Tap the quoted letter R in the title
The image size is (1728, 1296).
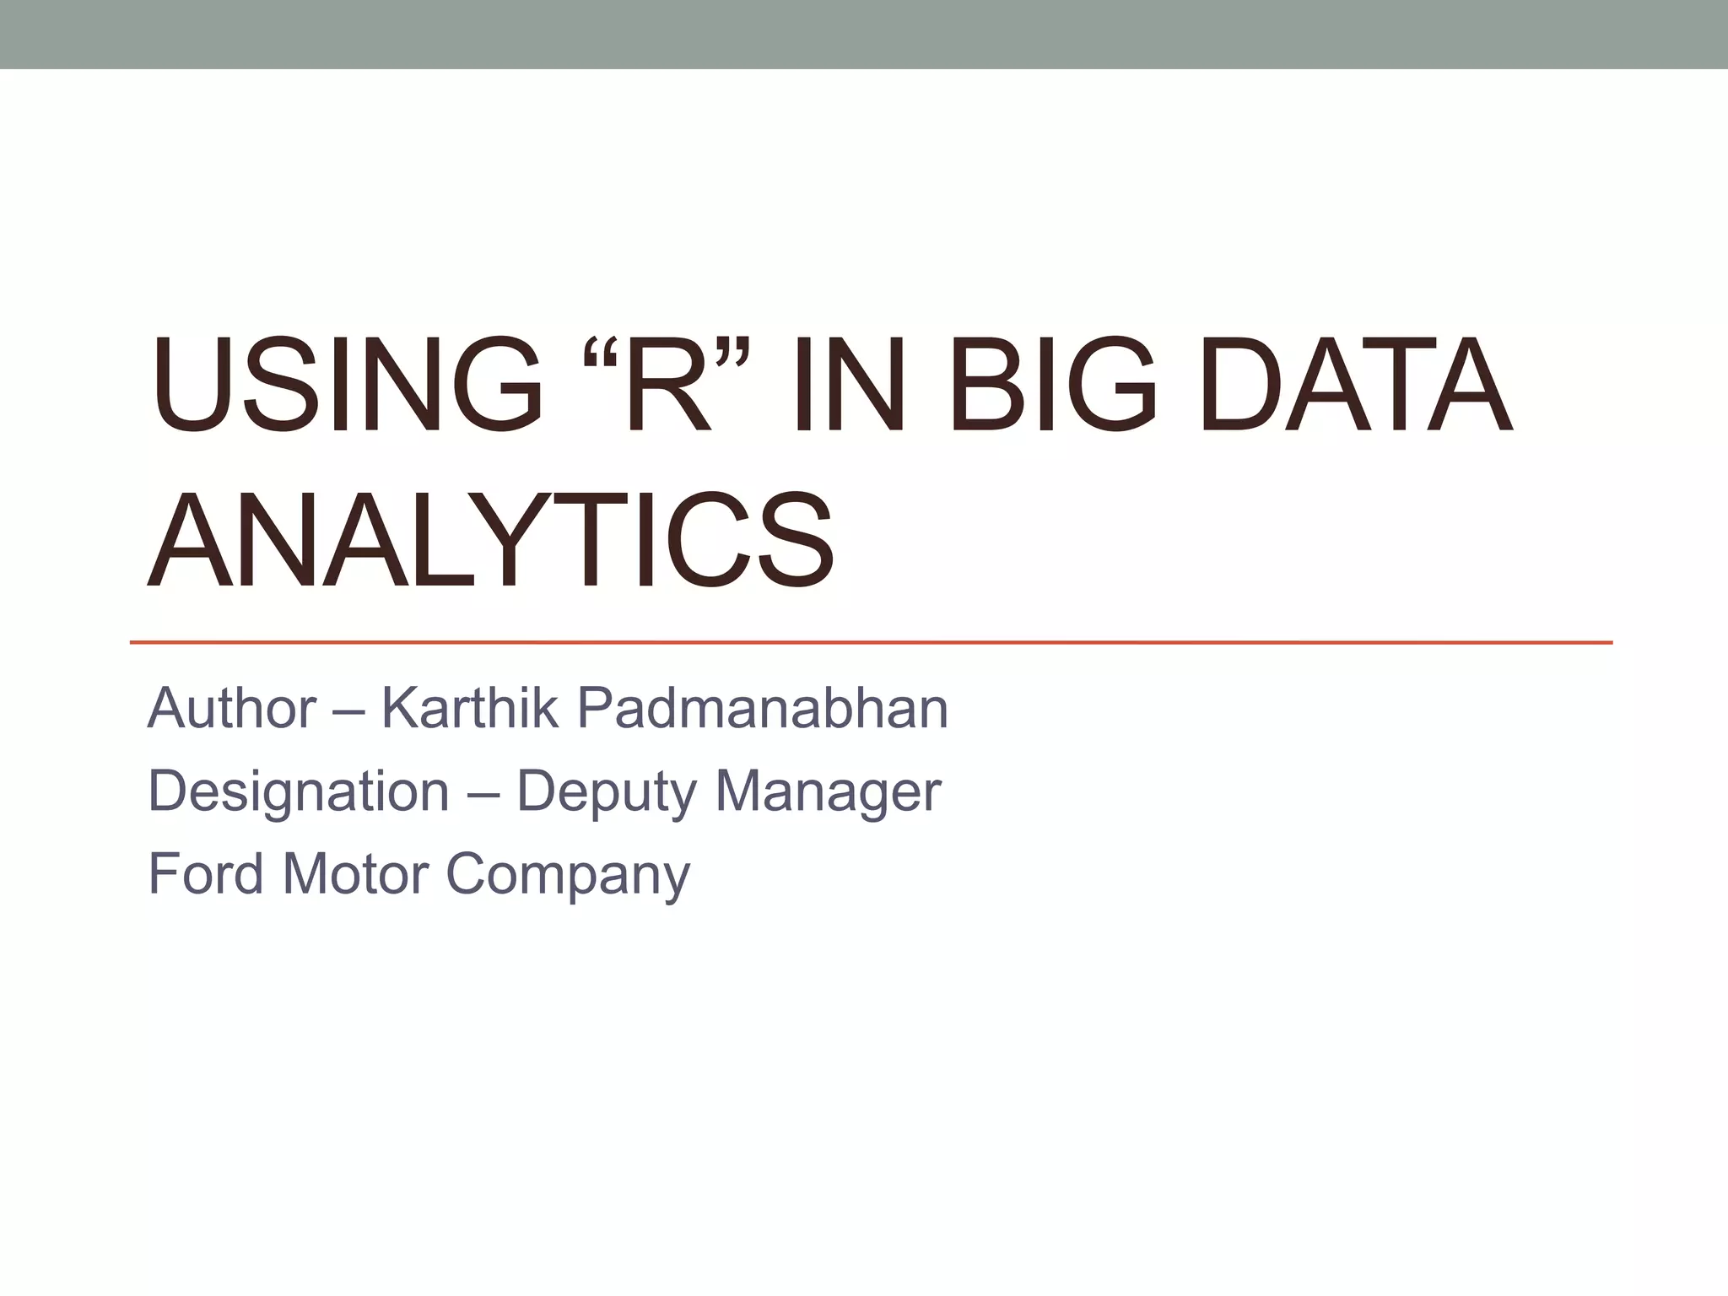(667, 385)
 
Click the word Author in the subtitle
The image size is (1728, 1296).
(232, 708)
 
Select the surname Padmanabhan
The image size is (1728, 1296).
(763, 708)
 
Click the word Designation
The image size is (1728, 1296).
(299, 791)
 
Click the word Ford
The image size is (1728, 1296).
(206, 873)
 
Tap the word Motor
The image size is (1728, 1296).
(354, 873)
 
